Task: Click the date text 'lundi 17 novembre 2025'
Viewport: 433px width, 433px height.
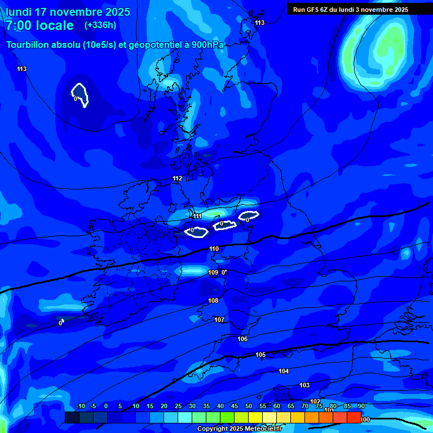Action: (x=68, y=12)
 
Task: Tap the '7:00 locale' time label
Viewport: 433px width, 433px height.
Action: (x=39, y=25)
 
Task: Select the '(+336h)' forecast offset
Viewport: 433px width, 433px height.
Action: (x=100, y=25)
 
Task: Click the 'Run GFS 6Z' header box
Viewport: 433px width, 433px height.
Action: (x=351, y=9)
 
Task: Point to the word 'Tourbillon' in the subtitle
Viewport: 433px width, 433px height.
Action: (x=29, y=45)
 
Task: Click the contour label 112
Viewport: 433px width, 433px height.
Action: (x=178, y=179)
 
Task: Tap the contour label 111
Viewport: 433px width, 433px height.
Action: (x=197, y=216)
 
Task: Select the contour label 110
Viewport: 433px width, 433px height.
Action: (x=214, y=249)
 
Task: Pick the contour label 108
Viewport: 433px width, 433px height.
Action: (x=213, y=301)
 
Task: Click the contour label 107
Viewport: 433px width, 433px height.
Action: (x=219, y=320)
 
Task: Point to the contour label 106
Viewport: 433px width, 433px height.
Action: (x=242, y=339)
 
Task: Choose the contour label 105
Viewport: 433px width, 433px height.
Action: (x=260, y=355)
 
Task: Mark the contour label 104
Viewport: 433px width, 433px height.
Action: (x=284, y=372)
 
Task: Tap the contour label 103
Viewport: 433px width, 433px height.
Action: (x=304, y=386)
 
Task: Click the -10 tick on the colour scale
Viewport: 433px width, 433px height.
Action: (x=81, y=407)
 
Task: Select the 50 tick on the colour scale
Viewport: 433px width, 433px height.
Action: (x=249, y=407)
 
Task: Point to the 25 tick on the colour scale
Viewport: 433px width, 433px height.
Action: (x=178, y=407)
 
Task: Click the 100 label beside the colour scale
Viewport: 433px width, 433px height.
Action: (x=365, y=420)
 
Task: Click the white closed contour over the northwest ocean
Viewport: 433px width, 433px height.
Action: (x=80, y=94)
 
